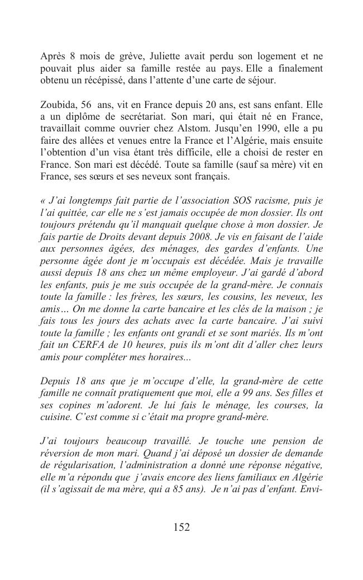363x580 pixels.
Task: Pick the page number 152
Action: point(181,527)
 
